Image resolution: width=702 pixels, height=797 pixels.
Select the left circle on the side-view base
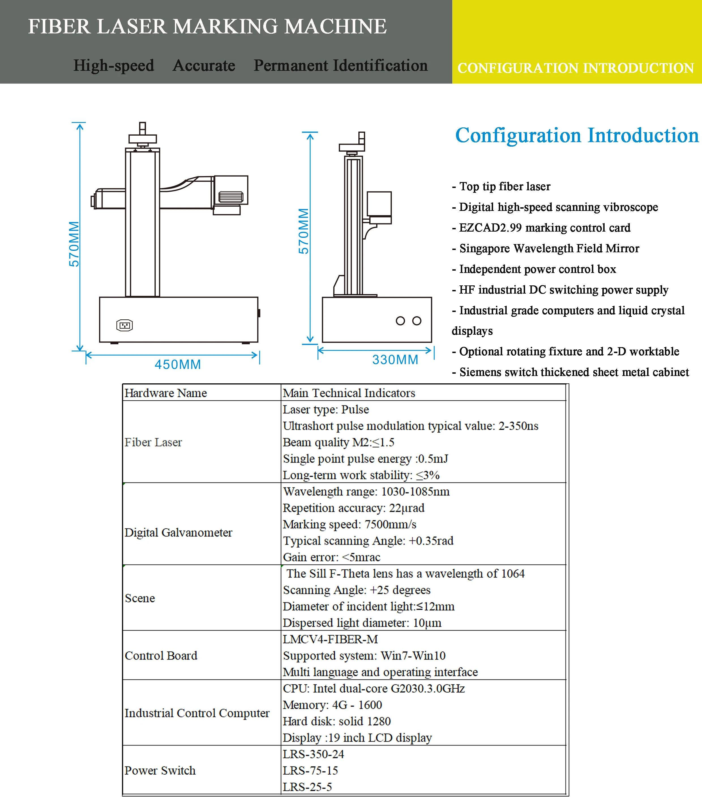(400, 321)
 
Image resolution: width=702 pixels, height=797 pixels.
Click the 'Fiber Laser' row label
(153, 443)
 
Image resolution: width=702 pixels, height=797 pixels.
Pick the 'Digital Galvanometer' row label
(178, 533)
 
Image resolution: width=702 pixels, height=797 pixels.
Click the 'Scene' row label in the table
(140, 598)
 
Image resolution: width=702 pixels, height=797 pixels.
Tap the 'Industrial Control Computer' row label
(197, 713)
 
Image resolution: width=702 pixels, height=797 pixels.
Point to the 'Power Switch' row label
(160, 770)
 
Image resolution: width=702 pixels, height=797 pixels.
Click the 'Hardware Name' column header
(166, 393)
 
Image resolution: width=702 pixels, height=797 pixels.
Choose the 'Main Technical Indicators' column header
(349, 393)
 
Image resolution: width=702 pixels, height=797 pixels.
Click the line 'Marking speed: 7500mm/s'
(350, 524)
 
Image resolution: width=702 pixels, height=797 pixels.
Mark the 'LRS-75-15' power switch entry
(310, 770)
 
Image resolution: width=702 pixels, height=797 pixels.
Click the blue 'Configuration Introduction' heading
(577, 135)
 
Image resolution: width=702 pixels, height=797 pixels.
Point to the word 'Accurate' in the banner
(204, 65)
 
